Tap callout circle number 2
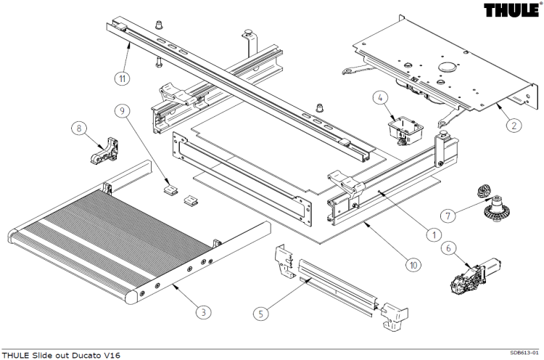click(513, 125)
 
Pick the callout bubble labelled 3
click(205, 311)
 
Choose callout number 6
click(449, 248)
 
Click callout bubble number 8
click(78, 128)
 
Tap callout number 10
click(413, 266)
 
